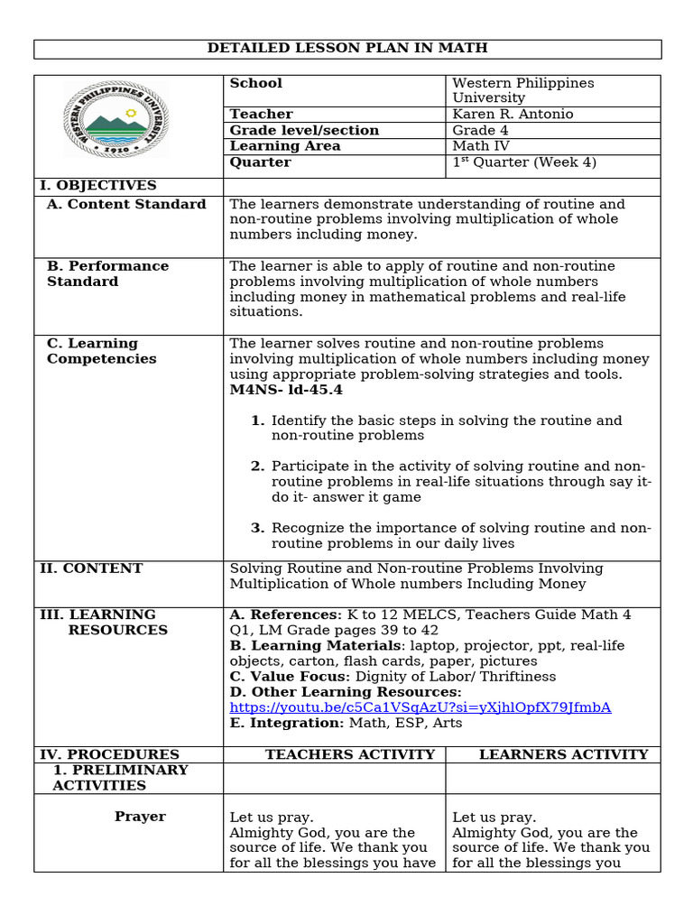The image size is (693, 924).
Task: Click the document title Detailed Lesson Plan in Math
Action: (x=347, y=49)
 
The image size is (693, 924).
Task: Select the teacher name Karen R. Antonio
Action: (x=513, y=115)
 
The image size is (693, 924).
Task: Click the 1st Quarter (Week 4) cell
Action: (x=524, y=162)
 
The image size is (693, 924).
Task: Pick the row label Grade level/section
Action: (x=304, y=131)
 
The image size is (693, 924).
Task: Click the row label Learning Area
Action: (x=285, y=146)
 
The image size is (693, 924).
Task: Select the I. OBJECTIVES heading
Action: (x=98, y=186)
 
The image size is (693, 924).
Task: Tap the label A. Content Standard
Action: (x=126, y=205)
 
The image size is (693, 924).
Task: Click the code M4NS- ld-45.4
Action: (x=286, y=390)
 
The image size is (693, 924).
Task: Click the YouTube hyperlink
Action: (x=420, y=707)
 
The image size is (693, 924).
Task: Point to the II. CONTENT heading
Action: (x=91, y=569)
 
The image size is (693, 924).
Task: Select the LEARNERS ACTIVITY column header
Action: (x=563, y=754)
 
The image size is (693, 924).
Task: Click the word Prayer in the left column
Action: (x=140, y=817)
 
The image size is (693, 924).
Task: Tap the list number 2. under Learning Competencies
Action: (x=257, y=467)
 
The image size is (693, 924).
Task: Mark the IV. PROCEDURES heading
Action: (x=109, y=754)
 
